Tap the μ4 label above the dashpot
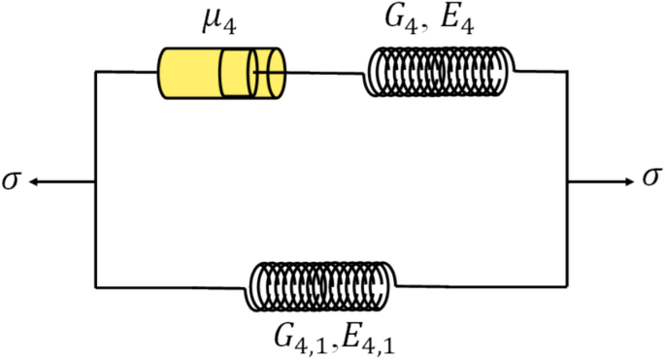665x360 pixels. [221, 21]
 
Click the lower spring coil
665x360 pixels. [322, 286]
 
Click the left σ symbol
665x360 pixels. [11, 180]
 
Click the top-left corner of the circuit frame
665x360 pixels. [95, 71]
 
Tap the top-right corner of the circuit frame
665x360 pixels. [567, 71]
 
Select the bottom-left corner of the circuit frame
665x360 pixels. [95, 286]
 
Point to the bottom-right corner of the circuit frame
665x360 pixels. [567, 286]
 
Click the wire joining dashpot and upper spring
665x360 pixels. [325, 72]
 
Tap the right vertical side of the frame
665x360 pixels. [567, 233]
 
